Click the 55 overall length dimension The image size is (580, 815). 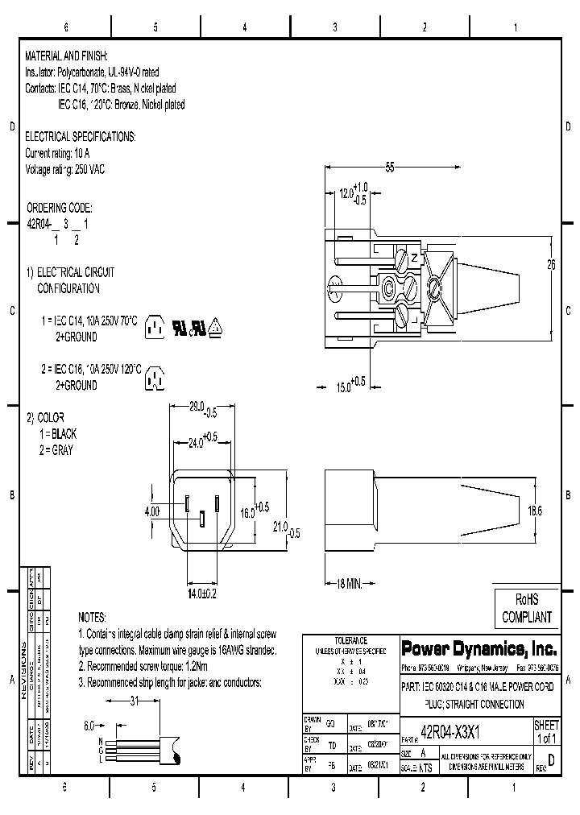pyautogui.click(x=390, y=168)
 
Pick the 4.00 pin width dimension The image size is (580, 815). pyautogui.click(x=153, y=511)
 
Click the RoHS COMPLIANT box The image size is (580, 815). pyautogui.click(x=526, y=608)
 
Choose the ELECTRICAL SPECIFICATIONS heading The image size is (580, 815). pyautogui.click(x=81, y=136)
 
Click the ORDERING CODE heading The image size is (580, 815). pyautogui.click(x=60, y=207)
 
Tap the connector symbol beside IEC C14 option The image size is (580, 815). pyautogui.click(x=154, y=326)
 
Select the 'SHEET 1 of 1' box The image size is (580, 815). pyautogui.click(x=546, y=732)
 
